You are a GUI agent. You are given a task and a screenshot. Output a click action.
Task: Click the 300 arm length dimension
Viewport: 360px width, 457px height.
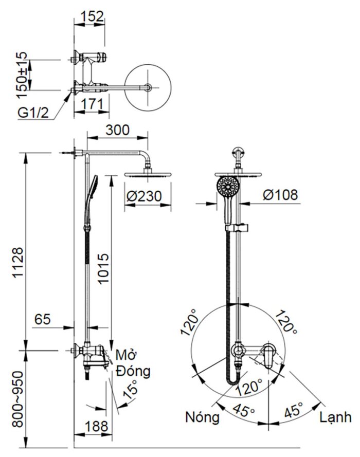pos(117,131)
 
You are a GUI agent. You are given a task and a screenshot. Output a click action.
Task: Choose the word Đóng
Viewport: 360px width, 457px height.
pos(134,371)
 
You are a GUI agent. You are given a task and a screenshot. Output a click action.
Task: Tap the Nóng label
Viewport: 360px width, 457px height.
pos(202,417)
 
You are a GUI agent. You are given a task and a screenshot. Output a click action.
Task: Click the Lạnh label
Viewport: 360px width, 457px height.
pos(335,416)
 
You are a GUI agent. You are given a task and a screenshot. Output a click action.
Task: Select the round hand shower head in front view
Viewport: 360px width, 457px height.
pos(227,186)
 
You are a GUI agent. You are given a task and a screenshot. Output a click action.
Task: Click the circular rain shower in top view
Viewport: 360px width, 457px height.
pos(148,87)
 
